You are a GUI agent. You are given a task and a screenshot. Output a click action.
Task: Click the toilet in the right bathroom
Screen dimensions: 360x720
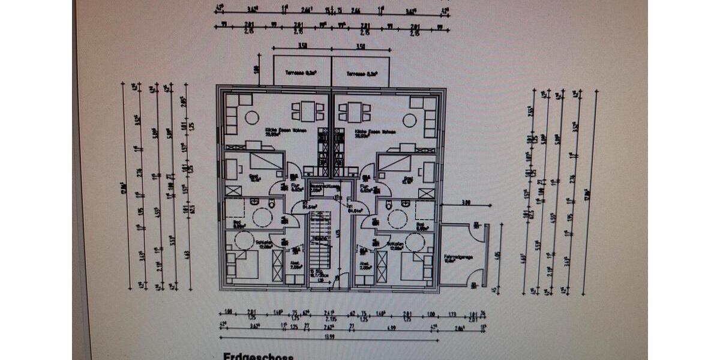click(389, 205)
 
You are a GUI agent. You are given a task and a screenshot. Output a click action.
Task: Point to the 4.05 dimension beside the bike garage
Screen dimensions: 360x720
click(496, 254)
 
